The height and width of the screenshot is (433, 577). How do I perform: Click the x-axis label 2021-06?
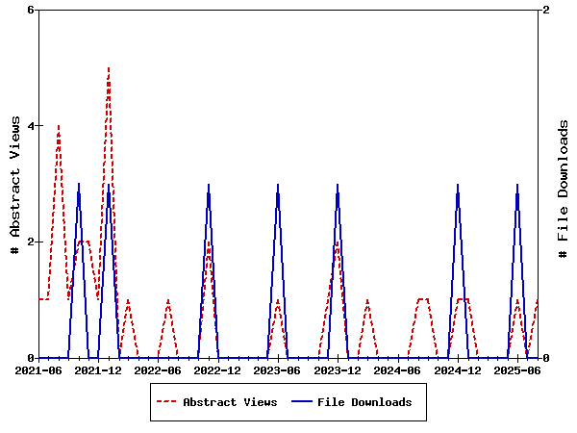tap(38, 369)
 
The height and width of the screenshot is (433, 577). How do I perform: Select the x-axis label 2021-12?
tap(98, 369)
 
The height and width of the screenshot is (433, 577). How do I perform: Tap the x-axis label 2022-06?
tap(158, 369)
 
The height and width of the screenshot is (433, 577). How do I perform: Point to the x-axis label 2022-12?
tap(218, 369)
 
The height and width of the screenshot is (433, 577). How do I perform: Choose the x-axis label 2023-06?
tap(278, 369)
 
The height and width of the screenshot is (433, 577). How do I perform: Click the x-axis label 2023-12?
tap(338, 369)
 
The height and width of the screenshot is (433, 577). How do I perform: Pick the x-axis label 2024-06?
tap(397, 369)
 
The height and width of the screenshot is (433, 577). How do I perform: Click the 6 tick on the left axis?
tap(31, 10)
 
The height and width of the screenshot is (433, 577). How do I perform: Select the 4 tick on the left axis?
tap(31, 126)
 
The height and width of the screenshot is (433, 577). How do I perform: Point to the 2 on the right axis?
tap(546, 10)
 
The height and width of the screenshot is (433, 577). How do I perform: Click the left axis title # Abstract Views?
tap(14, 184)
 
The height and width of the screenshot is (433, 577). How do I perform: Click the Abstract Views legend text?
tap(230, 402)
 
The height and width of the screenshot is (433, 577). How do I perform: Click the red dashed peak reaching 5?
tap(109, 68)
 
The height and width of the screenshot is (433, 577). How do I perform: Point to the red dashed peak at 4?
tap(59, 126)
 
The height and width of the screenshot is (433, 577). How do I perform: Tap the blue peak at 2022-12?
tap(209, 185)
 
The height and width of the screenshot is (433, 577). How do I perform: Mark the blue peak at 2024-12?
tap(458, 185)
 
